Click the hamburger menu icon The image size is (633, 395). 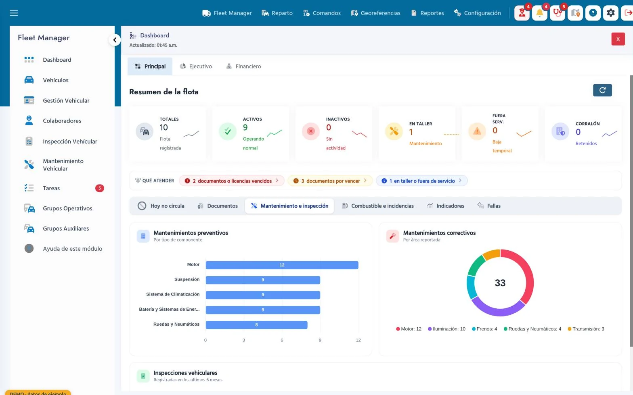[14, 13]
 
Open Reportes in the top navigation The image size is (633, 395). [428, 13]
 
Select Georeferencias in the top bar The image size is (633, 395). [375, 13]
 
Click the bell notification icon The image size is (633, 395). [539, 13]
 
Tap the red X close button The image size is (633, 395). [618, 39]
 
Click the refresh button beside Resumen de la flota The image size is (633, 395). [602, 90]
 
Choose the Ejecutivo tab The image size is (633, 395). [196, 66]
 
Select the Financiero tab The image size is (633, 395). [243, 66]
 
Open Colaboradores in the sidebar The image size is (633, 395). [62, 121]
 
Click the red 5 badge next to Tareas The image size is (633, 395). [99, 188]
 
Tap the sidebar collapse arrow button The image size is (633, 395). [115, 40]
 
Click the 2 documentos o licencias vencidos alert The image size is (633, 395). [231, 181]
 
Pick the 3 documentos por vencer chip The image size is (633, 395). [330, 181]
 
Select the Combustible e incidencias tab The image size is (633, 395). [377, 206]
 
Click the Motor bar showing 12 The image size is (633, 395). [282, 265]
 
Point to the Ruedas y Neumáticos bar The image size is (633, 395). [256, 325]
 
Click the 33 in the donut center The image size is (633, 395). [500, 283]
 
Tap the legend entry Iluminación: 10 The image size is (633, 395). [446, 329]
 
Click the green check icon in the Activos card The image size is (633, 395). [228, 131]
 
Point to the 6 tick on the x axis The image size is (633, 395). [282, 340]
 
